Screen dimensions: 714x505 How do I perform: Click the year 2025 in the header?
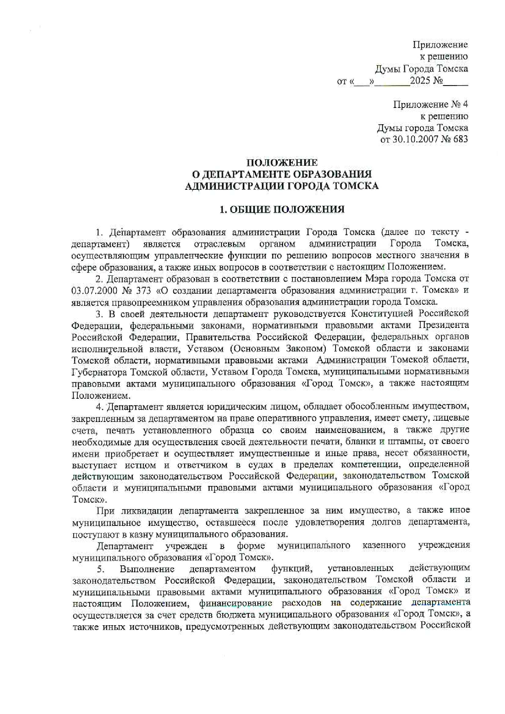[420, 80]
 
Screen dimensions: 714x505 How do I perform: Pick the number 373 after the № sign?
[141, 291]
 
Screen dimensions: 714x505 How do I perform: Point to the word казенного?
[384, 545]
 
